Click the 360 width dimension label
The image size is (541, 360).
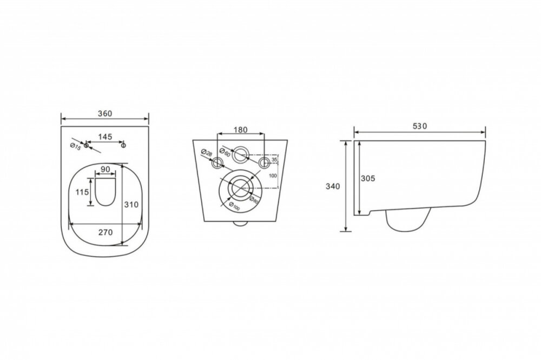[x=105, y=114]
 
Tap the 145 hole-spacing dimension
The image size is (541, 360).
[x=105, y=136]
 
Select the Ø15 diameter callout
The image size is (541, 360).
[x=75, y=146]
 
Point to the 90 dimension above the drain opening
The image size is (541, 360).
[x=105, y=170]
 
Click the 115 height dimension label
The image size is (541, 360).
[x=82, y=192]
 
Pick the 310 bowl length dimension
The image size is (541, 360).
[x=131, y=205]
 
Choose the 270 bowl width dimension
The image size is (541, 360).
[x=105, y=233]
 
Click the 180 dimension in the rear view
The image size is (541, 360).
[x=241, y=130]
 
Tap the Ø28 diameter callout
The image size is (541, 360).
[x=206, y=153]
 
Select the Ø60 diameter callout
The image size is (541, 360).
[x=225, y=152]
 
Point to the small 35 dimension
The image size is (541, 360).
[x=274, y=160]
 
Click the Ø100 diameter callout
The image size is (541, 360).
[x=234, y=206]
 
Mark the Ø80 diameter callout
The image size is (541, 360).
[x=253, y=200]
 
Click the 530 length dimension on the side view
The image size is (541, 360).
[x=420, y=126]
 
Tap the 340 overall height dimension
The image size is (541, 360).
[x=333, y=186]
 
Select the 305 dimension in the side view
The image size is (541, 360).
[x=368, y=179]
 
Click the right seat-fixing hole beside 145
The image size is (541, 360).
[x=123, y=145]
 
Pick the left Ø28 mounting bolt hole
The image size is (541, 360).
[x=217, y=162]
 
